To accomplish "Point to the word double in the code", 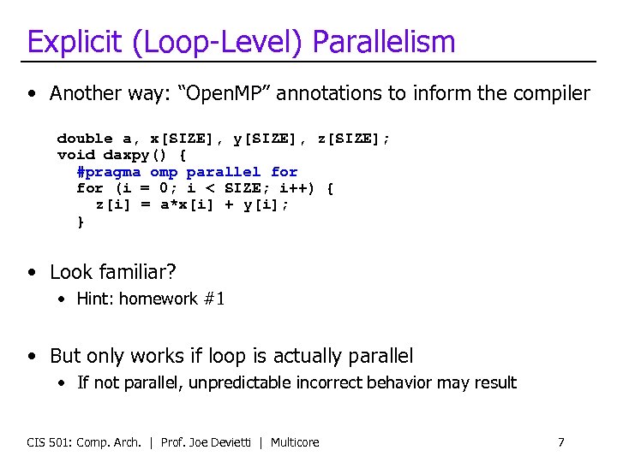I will (85, 138).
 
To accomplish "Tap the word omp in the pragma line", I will (164, 172).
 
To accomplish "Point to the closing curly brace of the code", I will (81, 222).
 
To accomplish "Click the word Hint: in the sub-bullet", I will (95, 299).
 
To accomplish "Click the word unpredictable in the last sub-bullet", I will (241, 382).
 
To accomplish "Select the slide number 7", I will (561, 442).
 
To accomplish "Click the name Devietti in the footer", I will (231, 442).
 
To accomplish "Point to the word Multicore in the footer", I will (295, 442).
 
